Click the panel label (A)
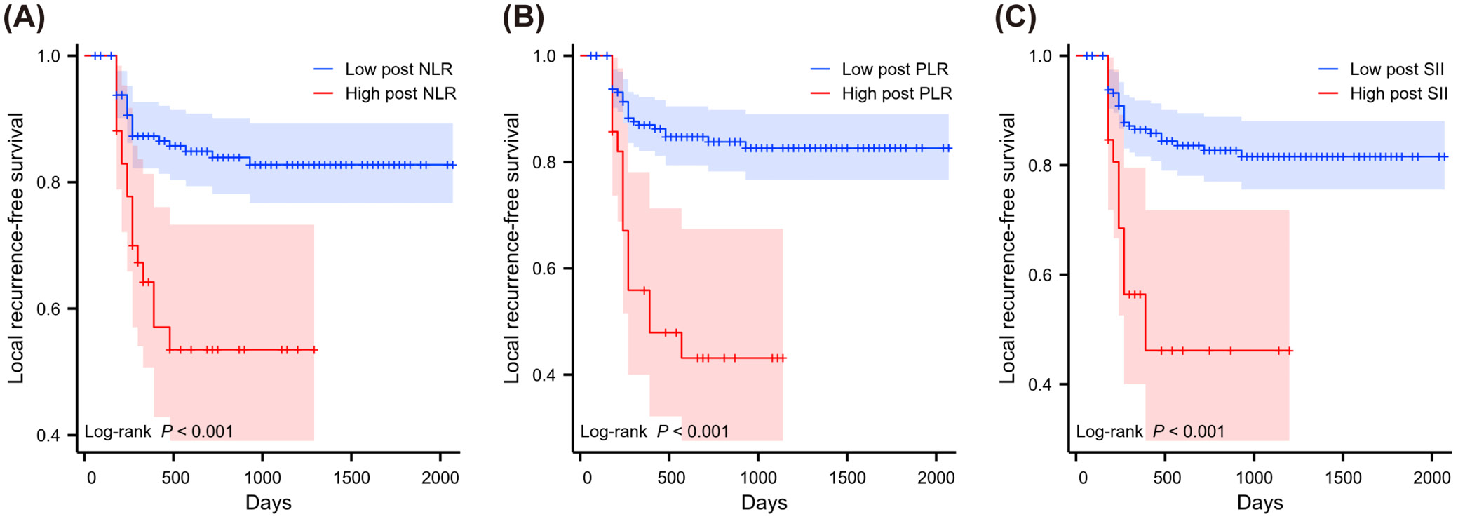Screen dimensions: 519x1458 [25, 17]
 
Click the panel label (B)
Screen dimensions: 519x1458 [523, 17]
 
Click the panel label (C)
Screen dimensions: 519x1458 [1015, 17]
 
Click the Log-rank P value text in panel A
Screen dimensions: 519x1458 [158, 431]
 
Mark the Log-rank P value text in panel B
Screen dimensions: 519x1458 [654, 431]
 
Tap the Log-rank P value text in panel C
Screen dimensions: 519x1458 [1150, 431]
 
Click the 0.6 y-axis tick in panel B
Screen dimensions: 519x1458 [544, 269]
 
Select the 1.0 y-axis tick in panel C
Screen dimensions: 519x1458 [1040, 56]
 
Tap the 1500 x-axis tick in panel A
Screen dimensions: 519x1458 [351, 478]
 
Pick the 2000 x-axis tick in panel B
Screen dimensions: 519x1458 [936, 478]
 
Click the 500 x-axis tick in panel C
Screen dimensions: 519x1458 [1167, 478]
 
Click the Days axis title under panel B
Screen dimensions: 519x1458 [764, 503]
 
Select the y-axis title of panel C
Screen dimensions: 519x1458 [1007, 248]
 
